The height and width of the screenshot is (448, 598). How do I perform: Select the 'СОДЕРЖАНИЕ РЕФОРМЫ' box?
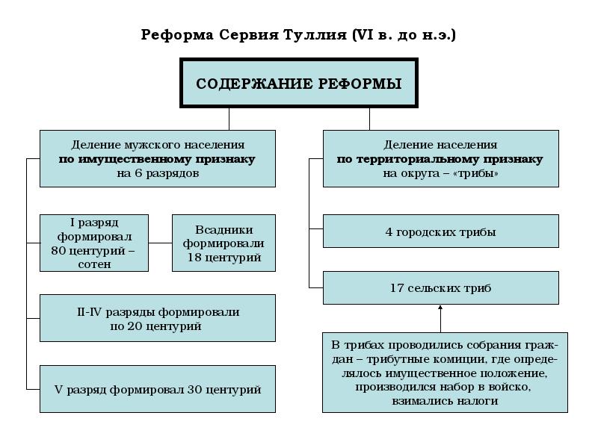coord(298,83)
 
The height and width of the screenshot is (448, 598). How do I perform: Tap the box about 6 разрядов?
coord(157,159)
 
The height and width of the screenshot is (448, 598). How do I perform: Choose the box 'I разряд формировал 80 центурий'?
coord(93,243)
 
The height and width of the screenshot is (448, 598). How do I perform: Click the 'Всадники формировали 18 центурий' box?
coord(224,243)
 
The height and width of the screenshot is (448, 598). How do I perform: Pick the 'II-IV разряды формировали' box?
coord(157,318)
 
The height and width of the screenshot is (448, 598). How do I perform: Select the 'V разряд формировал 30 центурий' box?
coord(157,389)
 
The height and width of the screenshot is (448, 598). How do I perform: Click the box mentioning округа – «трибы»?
coord(440,159)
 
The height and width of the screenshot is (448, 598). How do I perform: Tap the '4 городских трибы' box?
coord(440,231)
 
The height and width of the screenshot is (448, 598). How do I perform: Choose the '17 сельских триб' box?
coord(440,287)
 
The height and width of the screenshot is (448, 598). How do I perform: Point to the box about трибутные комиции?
coord(445,373)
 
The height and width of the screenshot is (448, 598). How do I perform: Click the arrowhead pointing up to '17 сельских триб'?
coord(440,308)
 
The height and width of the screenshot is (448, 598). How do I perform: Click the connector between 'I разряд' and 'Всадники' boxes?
coord(160,243)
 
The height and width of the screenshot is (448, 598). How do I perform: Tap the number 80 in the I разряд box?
coord(58,250)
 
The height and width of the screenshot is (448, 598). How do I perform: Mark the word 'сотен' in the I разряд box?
coord(93,264)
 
